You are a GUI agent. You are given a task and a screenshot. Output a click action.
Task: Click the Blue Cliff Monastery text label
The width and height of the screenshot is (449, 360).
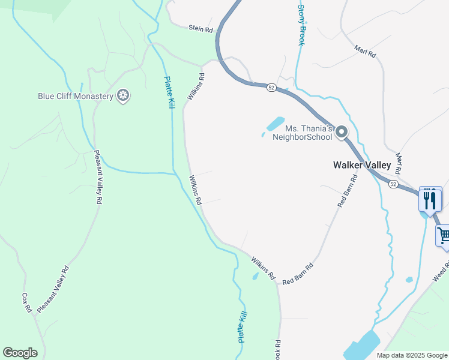(x=75, y=96)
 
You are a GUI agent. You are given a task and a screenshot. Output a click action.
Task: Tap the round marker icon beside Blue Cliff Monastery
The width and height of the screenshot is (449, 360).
(x=123, y=95)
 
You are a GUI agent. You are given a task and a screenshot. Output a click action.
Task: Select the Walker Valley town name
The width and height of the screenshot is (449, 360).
(x=362, y=165)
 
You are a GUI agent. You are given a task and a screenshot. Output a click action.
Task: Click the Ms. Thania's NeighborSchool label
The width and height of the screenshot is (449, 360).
(x=302, y=133)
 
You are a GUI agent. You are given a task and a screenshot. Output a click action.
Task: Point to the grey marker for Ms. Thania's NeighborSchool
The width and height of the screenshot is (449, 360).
(x=342, y=132)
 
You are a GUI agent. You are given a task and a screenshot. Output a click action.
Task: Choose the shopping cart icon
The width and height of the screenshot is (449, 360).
(x=444, y=235)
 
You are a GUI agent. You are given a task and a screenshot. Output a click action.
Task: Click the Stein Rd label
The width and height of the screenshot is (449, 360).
(x=200, y=28)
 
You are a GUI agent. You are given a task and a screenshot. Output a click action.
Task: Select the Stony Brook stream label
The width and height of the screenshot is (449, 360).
(x=302, y=25)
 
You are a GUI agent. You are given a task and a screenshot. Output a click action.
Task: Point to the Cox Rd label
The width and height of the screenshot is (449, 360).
(x=26, y=302)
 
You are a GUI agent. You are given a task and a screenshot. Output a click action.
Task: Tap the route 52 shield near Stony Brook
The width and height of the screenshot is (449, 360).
(x=271, y=88)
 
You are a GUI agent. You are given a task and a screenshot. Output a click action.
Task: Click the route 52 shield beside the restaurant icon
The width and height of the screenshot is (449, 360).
(x=393, y=184)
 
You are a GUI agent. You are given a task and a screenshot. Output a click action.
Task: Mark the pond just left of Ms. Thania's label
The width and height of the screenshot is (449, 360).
(x=274, y=124)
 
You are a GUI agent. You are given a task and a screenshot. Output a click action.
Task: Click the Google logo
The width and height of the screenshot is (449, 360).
(x=20, y=353)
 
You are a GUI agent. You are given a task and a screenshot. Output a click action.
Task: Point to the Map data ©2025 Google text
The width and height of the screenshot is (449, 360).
(x=411, y=355)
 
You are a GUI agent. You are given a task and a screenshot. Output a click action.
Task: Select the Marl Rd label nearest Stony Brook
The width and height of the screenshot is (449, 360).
(x=364, y=51)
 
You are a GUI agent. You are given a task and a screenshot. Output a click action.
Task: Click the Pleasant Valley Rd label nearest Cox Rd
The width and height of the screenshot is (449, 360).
(x=53, y=290)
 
